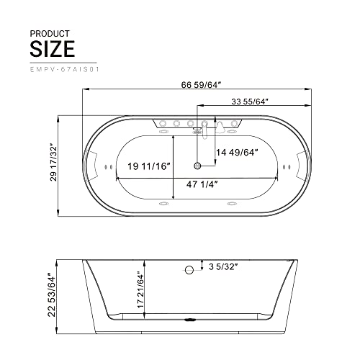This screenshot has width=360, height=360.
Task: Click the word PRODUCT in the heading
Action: tap(50, 34)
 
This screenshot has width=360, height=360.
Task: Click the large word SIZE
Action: tap(53, 49)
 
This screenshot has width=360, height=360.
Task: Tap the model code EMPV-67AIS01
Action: tap(64, 70)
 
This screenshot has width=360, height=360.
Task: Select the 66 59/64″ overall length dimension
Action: tap(201, 85)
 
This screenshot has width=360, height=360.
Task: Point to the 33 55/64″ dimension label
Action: tap(250, 102)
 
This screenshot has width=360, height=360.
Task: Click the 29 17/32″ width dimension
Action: tap(53, 162)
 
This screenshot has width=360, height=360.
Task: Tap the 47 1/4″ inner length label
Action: tap(202, 184)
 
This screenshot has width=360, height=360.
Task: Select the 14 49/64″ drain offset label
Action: tap(237, 153)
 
